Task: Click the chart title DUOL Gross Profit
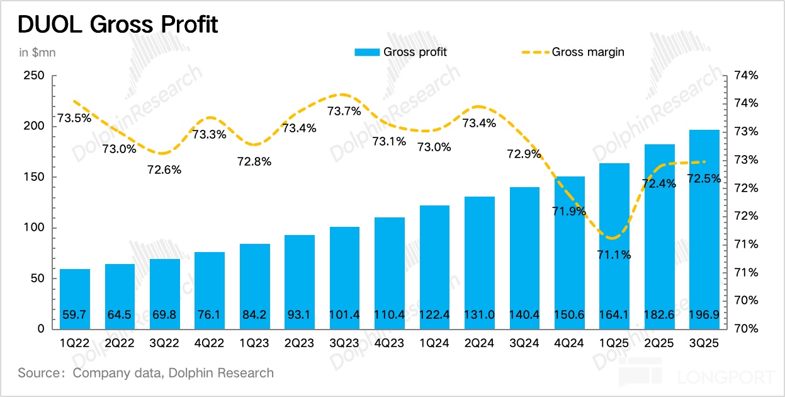118,25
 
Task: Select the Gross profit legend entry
400,52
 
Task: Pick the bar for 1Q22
75,296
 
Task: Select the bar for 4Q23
390,271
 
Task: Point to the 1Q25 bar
614,246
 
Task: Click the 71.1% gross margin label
614,255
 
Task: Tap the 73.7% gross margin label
344,112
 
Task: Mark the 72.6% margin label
165,170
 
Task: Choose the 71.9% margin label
570,211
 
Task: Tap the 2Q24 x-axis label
480,344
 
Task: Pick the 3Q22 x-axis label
165,344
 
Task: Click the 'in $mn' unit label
37,52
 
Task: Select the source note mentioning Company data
145,373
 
